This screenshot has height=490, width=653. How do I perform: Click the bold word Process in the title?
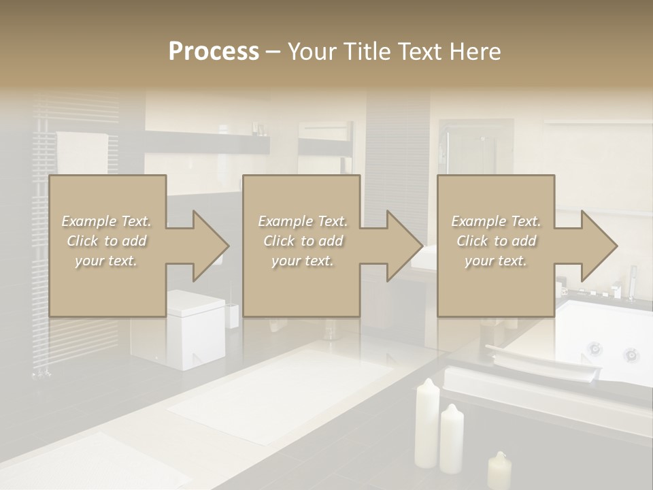coord(214,52)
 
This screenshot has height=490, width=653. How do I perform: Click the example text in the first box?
coord(107,241)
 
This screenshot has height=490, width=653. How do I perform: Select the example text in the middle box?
coord(302,241)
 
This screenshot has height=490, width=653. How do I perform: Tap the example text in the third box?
coord(496,241)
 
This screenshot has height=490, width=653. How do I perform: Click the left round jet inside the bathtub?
coord(595,348)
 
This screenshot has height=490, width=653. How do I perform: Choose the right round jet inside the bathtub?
coord(631,355)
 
